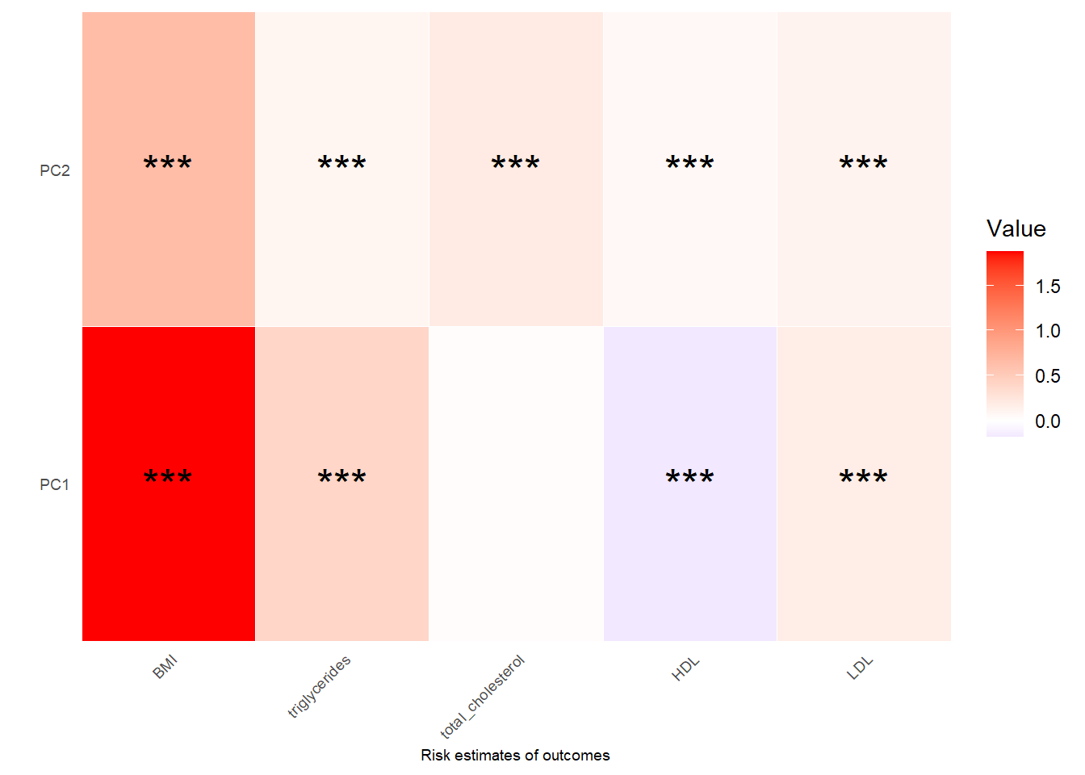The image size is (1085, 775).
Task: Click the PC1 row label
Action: click(54, 484)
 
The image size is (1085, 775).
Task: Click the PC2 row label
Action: click(54, 170)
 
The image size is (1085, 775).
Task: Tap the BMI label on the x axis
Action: click(165, 668)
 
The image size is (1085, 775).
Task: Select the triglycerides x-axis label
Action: click(319, 686)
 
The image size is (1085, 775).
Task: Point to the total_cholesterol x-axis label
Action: click(482, 697)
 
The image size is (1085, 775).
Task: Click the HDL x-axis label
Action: click(685, 668)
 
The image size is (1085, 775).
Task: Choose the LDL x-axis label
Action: click(860, 668)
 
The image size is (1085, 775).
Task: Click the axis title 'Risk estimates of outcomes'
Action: click(515, 756)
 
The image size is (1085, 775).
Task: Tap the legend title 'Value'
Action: click(1016, 229)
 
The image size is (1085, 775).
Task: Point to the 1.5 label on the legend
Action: click(1047, 287)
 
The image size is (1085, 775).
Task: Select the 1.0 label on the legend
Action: click(1047, 331)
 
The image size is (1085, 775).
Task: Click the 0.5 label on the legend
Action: click(1047, 376)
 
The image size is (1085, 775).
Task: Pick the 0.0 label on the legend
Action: click(1047, 421)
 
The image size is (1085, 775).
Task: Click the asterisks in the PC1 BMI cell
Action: click(168, 478)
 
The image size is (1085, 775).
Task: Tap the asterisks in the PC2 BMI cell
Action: click(168, 164)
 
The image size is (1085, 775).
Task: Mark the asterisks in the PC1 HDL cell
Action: click(689, 478)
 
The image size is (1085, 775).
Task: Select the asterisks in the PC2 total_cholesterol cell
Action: click(516, 164)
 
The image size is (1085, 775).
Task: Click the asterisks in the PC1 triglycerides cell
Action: click(342, 478)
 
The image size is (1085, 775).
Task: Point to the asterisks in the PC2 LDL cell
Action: click(864, 164)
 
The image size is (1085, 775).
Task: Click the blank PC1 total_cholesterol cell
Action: click(516, 484)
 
